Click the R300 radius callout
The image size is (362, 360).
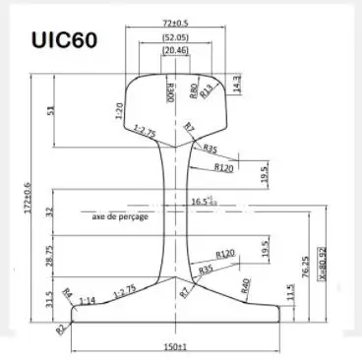(x=171, y=92)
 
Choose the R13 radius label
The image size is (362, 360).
(x=208, y=92)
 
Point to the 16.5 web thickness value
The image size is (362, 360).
(x=203, y=202)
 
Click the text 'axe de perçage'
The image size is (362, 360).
(x=120, y=215)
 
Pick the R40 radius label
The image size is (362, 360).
(x=246, y=286)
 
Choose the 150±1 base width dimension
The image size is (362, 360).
(x=175, y=347)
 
